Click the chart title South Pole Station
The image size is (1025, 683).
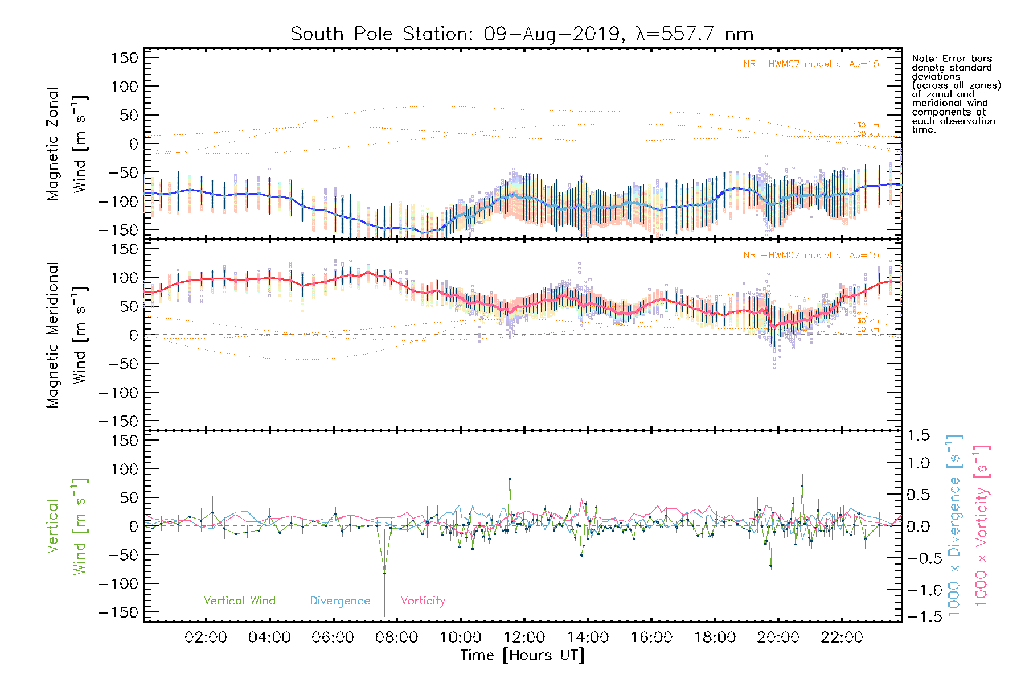click(522, 34)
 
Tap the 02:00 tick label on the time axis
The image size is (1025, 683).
click(206, 637)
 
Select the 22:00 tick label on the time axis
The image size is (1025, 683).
click(842, 637)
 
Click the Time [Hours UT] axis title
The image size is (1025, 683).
click(522, 655)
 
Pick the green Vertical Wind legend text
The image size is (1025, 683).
click(239, 601)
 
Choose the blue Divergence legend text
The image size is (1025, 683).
click(340, 601)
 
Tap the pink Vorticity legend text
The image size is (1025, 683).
click(423, 601)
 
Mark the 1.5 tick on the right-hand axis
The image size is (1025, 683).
click(918, 435)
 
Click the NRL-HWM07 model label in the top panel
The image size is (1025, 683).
click(811, 64)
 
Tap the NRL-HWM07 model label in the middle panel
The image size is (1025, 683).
click(811, 256)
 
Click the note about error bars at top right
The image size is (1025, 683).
click(956, 94)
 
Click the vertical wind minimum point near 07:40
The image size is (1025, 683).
click(384, 573)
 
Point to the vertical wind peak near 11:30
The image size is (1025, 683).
click(510, 479)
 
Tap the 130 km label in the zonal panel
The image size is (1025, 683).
click(866, 125)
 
